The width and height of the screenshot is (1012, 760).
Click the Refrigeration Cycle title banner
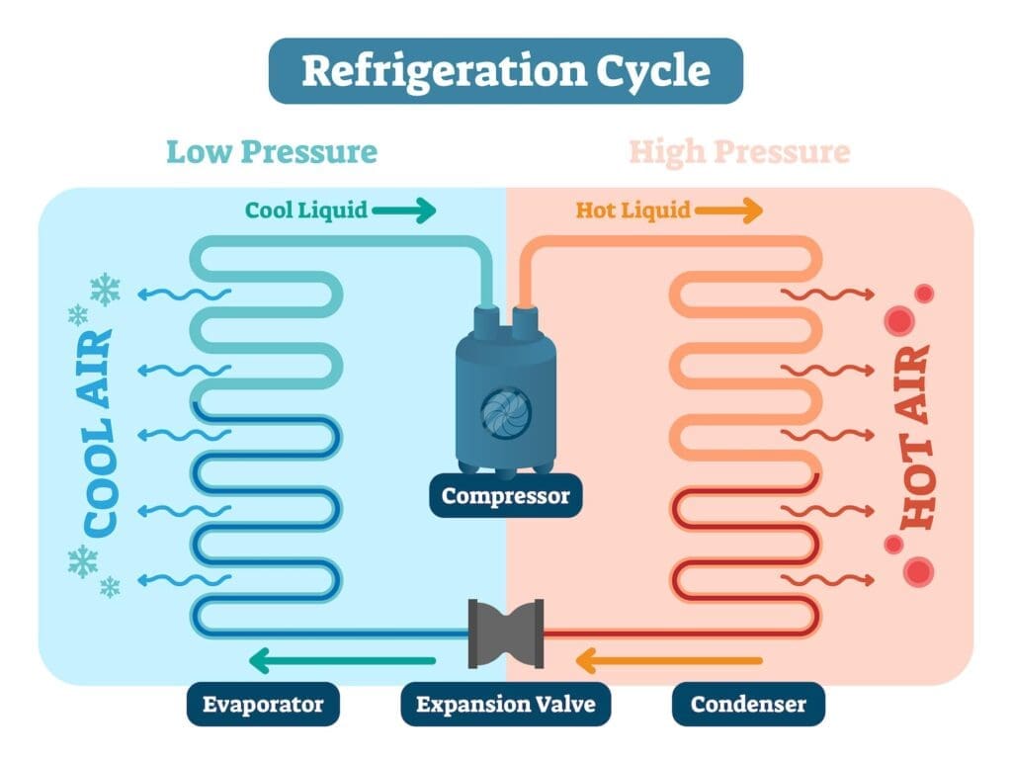click(505, 71)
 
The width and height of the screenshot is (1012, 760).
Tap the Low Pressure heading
click(271, 152)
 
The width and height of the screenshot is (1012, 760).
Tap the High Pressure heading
click(739, 152)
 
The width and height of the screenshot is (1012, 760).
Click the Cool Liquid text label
click(306, 210)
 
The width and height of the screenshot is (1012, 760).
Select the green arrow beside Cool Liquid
click(403, 210)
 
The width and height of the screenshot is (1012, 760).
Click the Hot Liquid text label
click(632, 210)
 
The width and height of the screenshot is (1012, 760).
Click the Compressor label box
click(505, 495)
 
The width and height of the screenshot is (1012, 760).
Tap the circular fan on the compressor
click(505, 409)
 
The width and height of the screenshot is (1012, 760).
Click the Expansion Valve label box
click(505, 705)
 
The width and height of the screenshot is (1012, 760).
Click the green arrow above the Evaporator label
click(341, 660)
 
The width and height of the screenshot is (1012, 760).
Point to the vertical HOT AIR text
click(917, 436)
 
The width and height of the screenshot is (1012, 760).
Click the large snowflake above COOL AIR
click(105, 289)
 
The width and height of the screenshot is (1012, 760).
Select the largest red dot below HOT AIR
click(919, 570)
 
